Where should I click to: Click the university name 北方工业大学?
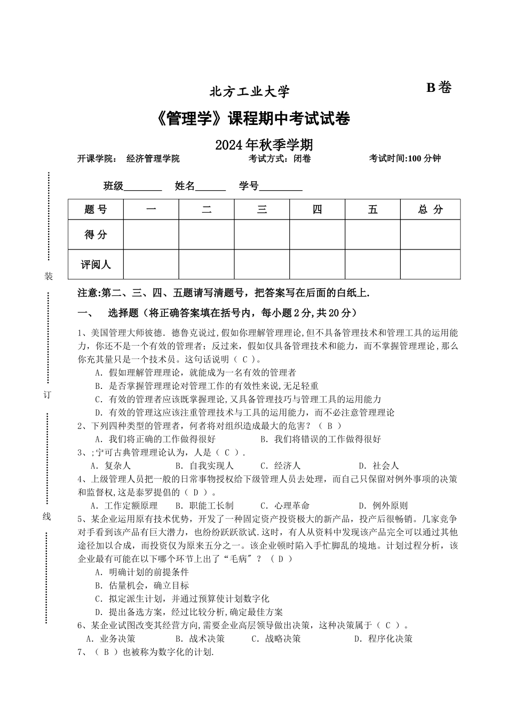pyautogui.click(x=249, y=92)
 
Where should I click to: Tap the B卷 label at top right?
pyautogui.click(x=439, y=88)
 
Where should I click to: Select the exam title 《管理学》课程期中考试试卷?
pyautogui.click(x=253, y=119)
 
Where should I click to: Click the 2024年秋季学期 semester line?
pyautogui.click(x=264, y=145)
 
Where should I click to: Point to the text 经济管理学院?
pyautogui.click(x=153, y=159)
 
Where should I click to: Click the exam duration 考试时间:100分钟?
pyautogui.click(x=405, y=159)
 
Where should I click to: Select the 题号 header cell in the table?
pyautogui.click(x=96, y=209)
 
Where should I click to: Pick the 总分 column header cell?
pyautogui.click(x=430, y=209)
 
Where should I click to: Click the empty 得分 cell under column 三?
pyautogui.click(x=262, y=234)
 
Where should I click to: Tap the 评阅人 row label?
pyautogui.click(x=96, y=264)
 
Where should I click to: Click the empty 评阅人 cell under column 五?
pyautogui.click(x=373, y=264)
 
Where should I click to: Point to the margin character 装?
pyautogui.click(x=49, y=276)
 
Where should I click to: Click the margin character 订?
pyautogui.click(x=47, y=395)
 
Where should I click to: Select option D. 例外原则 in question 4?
pyautogui.click(x=383, y=505)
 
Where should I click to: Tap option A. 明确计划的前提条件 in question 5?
pyautogui.click(x=141, y=572)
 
